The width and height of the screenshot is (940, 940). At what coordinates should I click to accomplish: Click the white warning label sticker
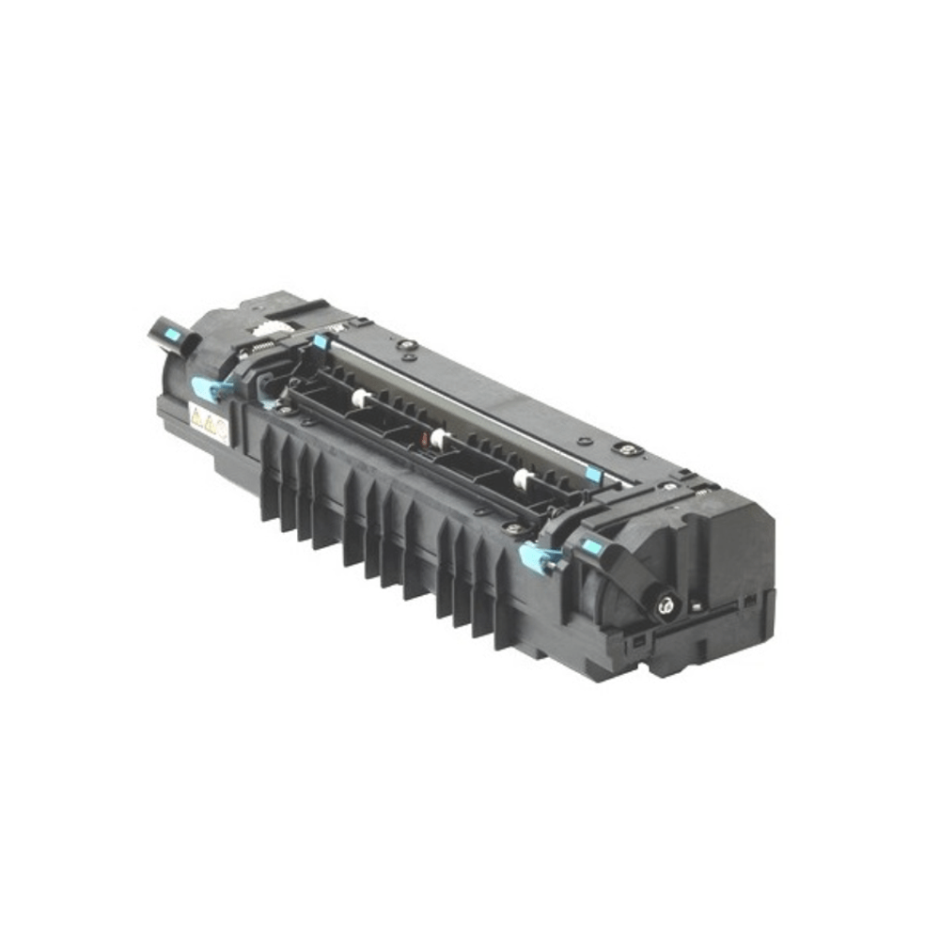[209, 423]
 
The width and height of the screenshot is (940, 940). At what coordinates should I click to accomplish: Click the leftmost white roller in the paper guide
[359, 399]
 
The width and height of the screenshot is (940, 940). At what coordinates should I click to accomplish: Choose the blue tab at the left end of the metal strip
[321, 341]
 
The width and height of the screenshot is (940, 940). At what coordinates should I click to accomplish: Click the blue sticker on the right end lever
[590, 544]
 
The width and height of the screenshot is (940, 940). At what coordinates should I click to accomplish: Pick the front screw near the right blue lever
[511, 529]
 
